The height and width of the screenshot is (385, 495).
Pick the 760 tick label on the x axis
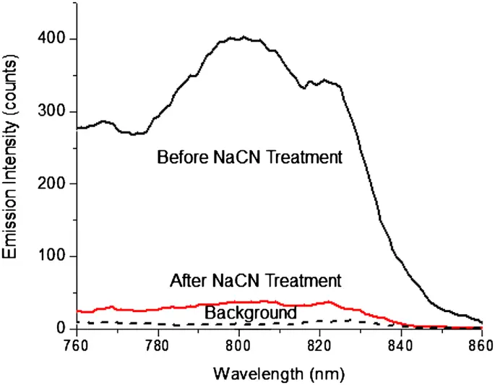[77, 345]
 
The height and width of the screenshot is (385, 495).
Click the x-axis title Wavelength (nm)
[278, 374]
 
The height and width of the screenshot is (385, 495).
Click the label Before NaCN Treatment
[249, 157]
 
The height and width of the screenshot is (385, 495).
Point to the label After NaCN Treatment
[255, 279]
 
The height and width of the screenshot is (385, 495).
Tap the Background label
[251, 313]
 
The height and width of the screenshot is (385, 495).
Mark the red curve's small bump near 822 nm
[330, 301]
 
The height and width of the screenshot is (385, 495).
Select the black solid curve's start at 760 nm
[77, 128]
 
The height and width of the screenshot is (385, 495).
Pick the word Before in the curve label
[179, 157]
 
